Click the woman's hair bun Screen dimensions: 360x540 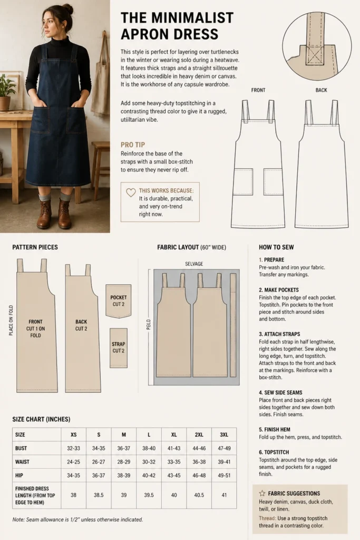coord(67,7)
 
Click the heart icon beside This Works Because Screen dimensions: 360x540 coord(131,192)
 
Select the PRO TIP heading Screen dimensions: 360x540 coord(133,144)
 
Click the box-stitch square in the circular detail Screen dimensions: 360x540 coord(315,55)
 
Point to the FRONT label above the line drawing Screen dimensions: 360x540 coord(258,90)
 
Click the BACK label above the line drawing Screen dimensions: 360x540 coord(321,90)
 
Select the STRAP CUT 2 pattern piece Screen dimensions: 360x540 coord(119,348)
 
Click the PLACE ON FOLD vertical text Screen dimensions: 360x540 coord(11,320)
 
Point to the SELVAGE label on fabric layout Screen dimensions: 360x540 coord(194,264)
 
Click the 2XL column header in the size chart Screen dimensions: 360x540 coord(199,435)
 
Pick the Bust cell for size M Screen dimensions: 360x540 coord(123,448)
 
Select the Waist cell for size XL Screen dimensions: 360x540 coord(174,462)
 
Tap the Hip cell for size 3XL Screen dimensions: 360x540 coord(224,475)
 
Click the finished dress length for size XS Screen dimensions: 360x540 coord(73,495)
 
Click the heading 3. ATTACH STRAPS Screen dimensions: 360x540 coord(279,334)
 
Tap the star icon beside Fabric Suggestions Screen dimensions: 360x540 coord(262,493)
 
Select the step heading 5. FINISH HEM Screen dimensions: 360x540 coord(275,429)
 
